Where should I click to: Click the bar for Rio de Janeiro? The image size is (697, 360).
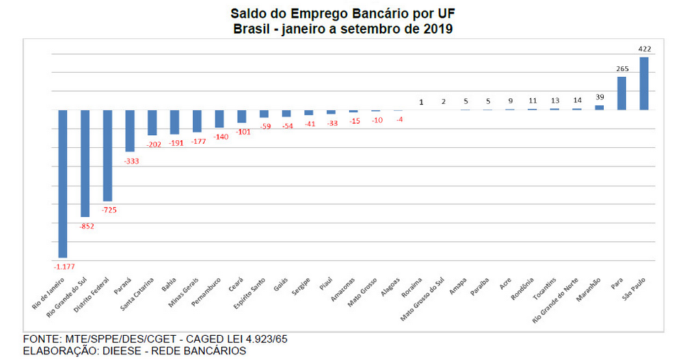(x=63, y=184)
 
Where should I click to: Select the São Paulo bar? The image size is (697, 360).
(x=644, y=83)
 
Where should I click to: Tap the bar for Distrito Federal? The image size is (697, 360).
(x=107, y=155)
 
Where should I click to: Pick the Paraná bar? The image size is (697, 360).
(x=129, y=130)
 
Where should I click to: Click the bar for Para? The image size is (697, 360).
(x=621, y=93)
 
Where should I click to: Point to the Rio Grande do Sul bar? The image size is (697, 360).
(x=85, y=163)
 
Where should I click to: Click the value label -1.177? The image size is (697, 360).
(x=63, y=266)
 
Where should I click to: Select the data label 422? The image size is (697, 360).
(x=644, y=49)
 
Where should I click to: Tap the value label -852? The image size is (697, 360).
(x=85, y=226)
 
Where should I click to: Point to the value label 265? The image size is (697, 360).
(x=622, y=69)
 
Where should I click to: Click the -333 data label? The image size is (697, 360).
(x=130, y=162)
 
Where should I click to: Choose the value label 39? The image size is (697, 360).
(x=599, y=97)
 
